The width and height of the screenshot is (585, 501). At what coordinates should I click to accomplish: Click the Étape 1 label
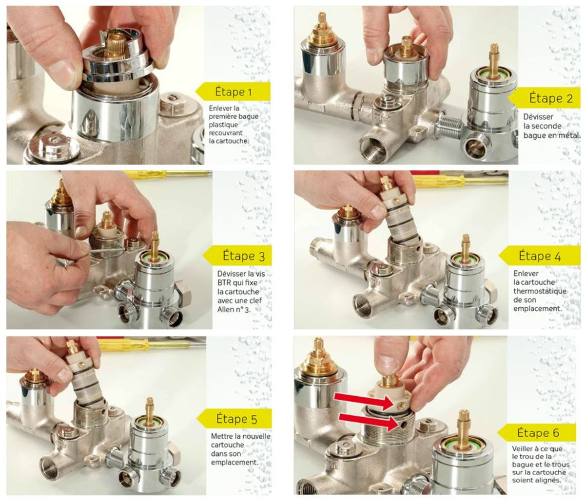tap(234, 92)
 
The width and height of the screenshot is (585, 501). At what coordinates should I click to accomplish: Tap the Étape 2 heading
tap(551, 98)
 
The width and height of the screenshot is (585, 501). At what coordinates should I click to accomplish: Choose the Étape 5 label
tap(236, 418)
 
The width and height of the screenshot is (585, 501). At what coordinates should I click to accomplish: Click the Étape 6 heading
tap(538, 432)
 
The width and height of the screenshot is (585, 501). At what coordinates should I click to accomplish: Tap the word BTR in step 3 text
tap(224, 282)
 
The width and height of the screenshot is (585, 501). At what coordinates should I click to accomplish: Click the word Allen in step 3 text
tap(225, 309)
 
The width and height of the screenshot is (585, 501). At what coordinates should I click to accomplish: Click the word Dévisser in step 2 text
tap(534, 117)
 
